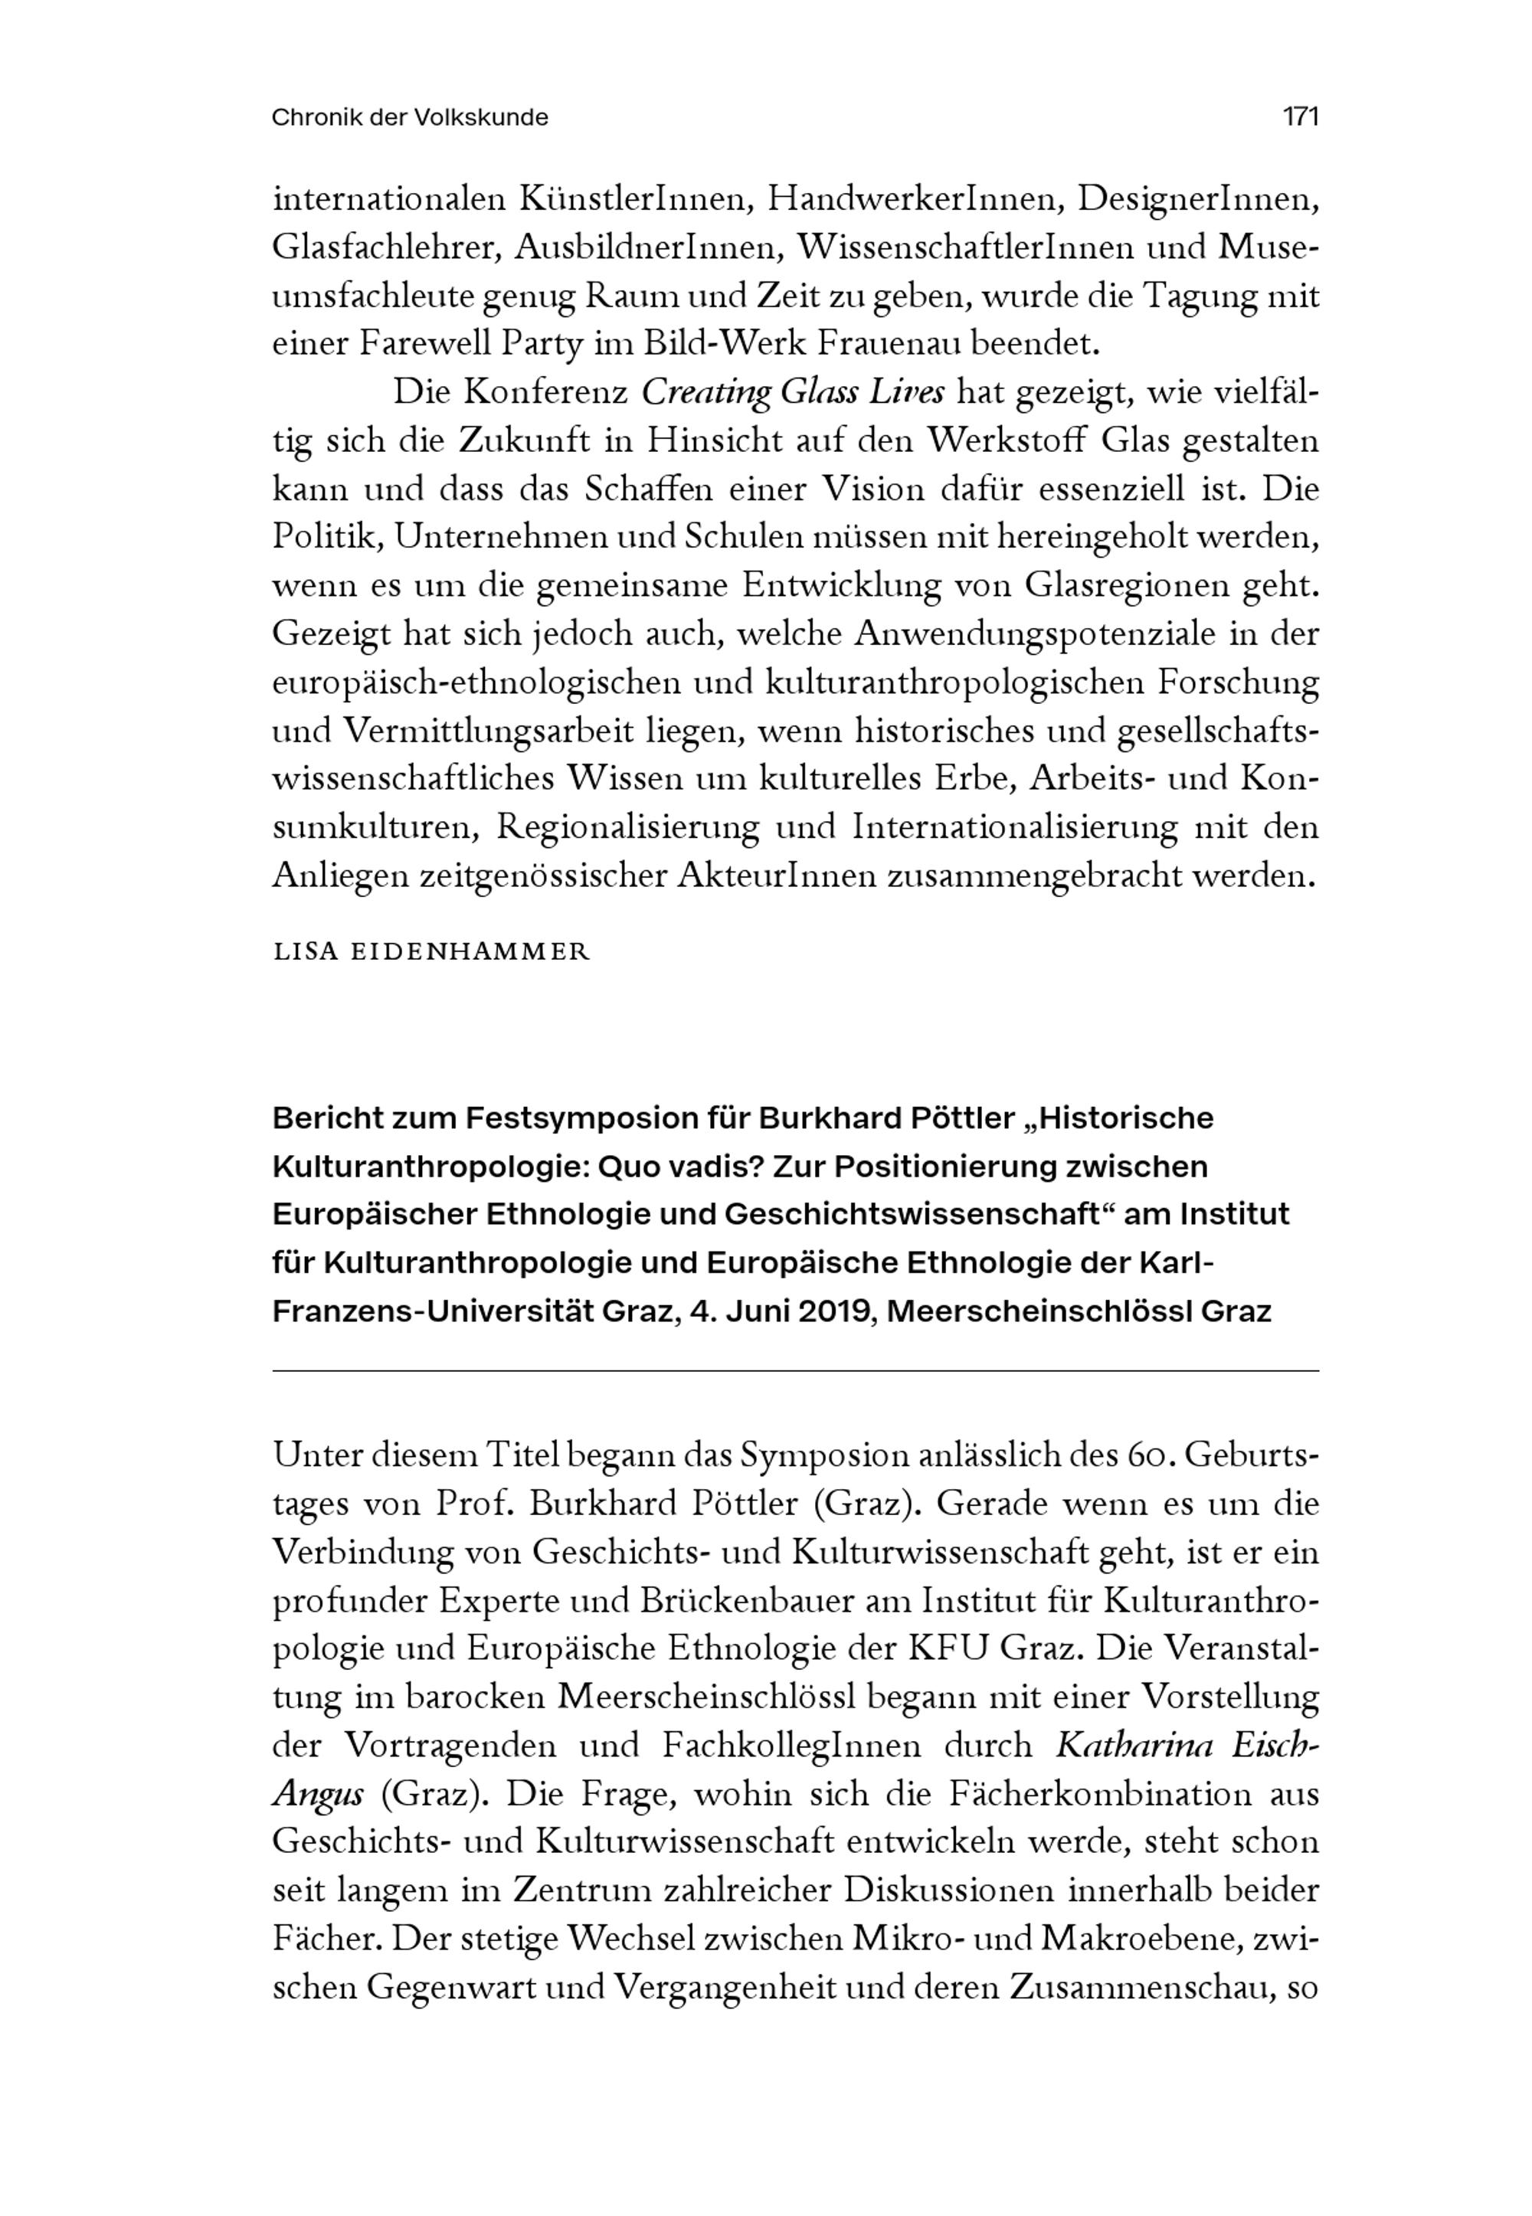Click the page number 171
1301,117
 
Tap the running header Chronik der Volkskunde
410,118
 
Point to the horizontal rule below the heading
795,1370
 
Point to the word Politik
327,538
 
